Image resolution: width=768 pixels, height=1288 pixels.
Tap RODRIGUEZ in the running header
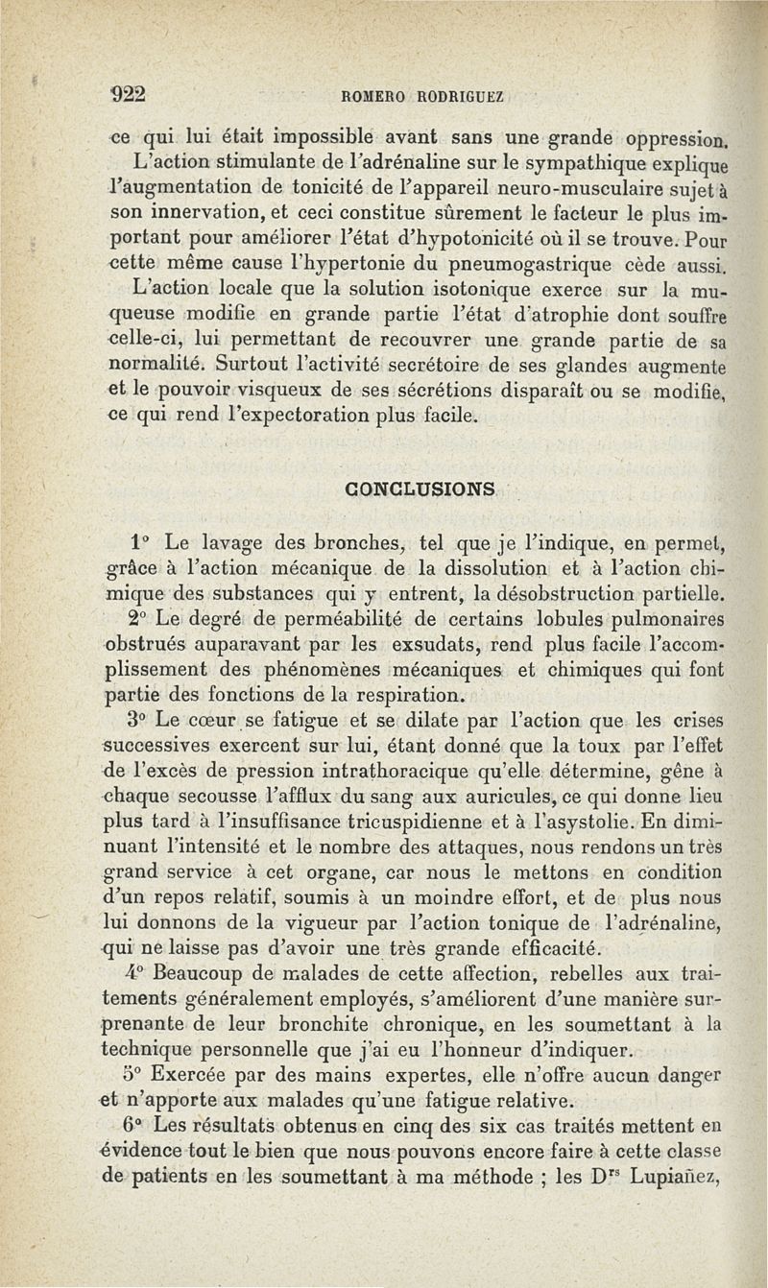coord(464,95)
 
